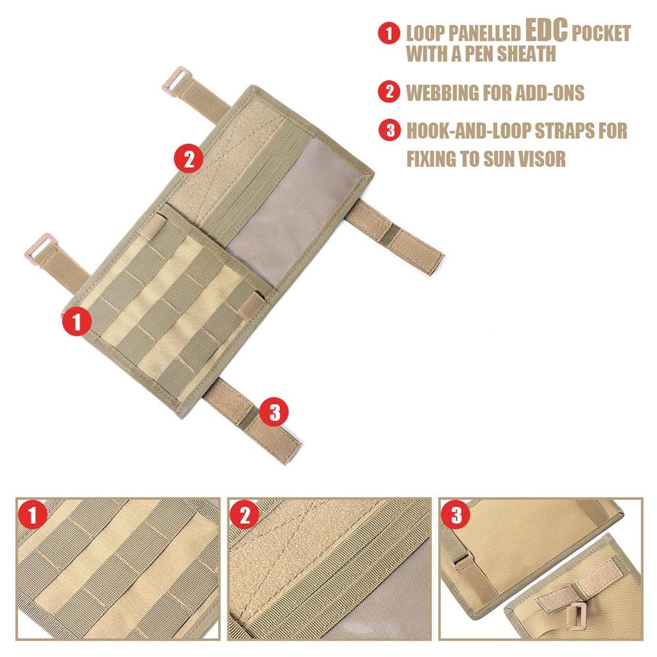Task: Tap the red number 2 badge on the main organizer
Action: coord(188,158)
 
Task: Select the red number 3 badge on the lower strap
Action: coord(275,412)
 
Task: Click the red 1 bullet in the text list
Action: coord(390,34)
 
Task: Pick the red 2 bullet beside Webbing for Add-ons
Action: coord(390,93)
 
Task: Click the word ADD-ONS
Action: coord(545,93)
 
